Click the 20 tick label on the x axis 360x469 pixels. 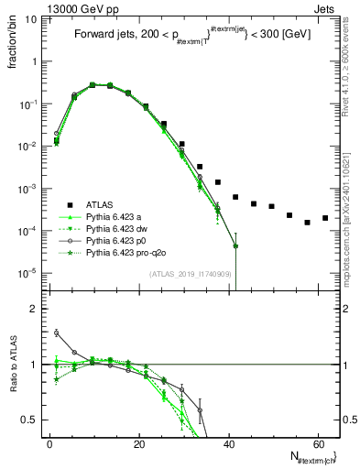(x=139, y=442)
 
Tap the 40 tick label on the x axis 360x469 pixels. (x=229, y=442)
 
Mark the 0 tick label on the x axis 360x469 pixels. (x=49, y=442)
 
